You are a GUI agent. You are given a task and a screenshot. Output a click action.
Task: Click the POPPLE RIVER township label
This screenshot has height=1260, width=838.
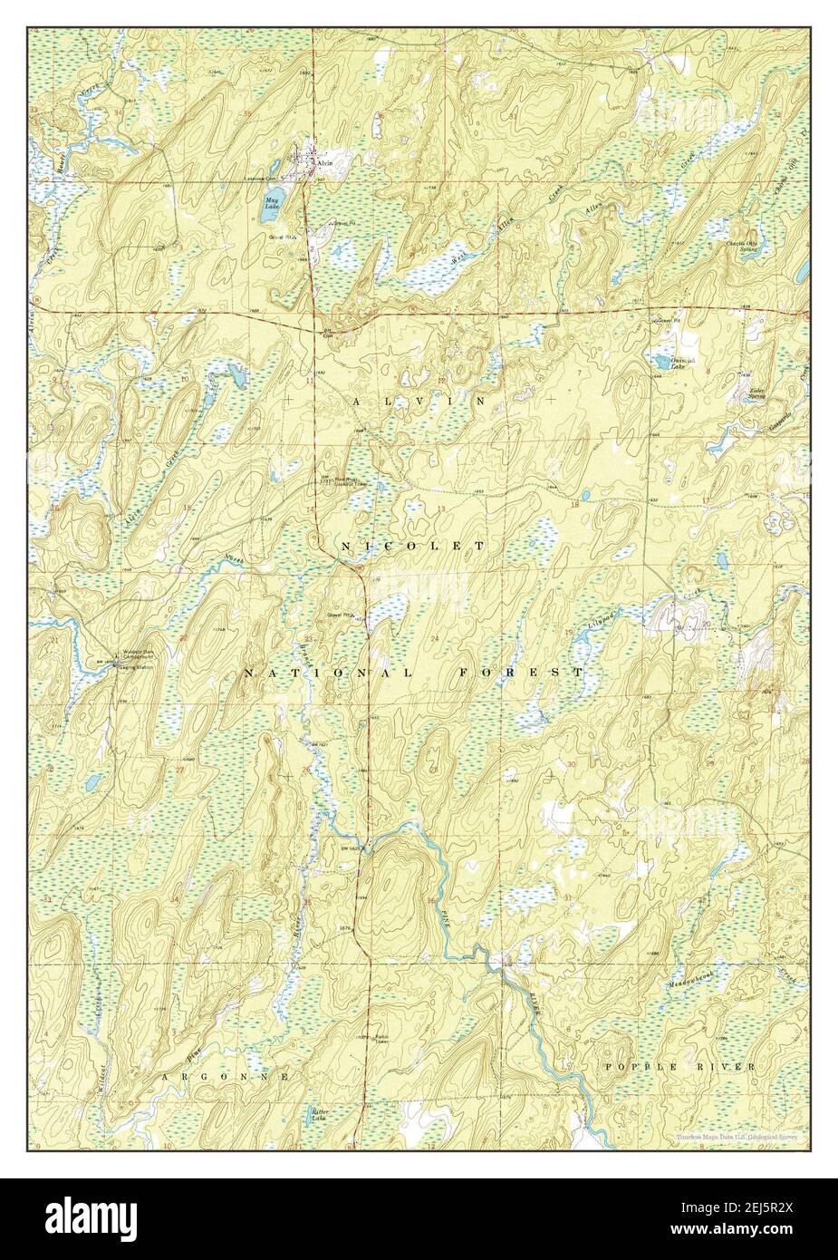pos(679,1068)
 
